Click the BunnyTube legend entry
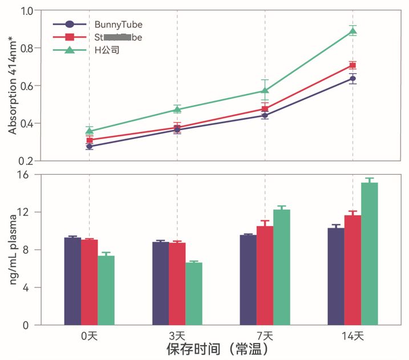(x=97, y=25)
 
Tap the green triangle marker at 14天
(x=353, y=31)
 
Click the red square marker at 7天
(x=265, y=109)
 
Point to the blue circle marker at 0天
(x=89, y=147)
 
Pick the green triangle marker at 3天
(x=177, y=109)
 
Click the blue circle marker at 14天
(x=353, y=79)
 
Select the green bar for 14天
(x=370, y=254)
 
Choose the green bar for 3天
(x=194, y=294)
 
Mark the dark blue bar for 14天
(x=336, y=277)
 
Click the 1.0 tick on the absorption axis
(x=26, y=11)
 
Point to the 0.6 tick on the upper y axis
(x=26, y=86)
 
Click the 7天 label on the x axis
(x=265, y=336)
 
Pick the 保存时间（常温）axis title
(x=217, y=349)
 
